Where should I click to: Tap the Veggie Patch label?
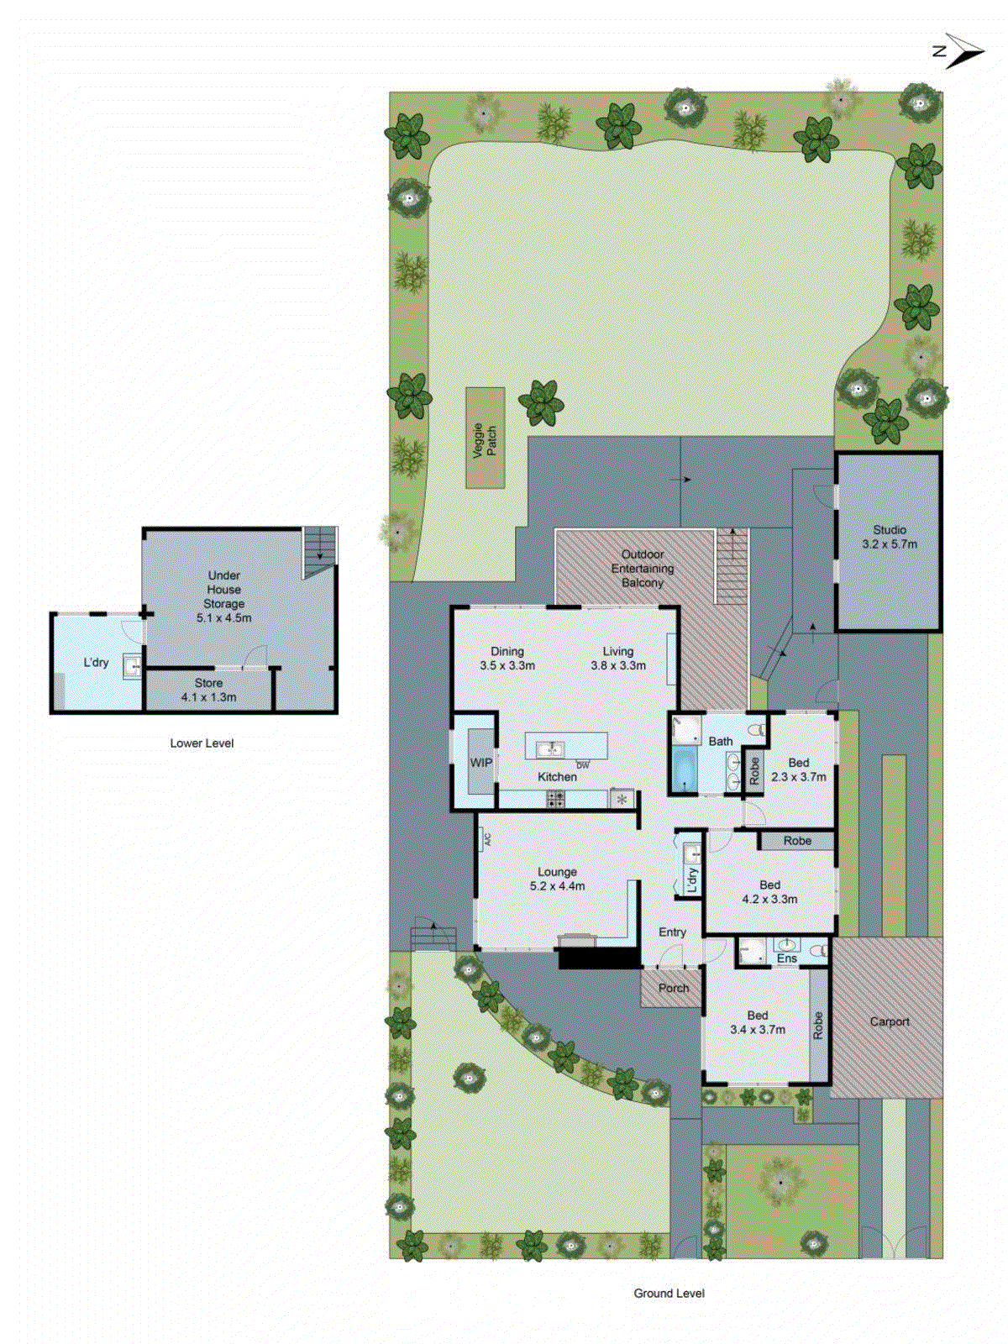pyautogui.click(x=485, y=439)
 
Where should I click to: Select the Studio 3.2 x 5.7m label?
pyautogui.click(x=890, y=537)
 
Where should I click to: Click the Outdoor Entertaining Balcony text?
pyautogui.click(x=643, y=569)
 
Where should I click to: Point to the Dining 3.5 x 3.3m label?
pyautogui.click(x=507, y=658)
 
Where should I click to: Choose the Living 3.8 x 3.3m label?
pyautogui.click(x=618, y=658)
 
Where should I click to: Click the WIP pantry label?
pyautogui.click(x=481, y=763)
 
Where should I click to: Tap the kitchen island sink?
pyautogui.click(x=550, y=747)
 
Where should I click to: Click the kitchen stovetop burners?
pyautogui.click(x=555, y=799)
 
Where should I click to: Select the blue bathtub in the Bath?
pyautogui.click(x=685, y=770)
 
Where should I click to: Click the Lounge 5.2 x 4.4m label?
pyautogui.click(x=557, y=879)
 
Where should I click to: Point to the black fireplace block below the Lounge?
pyautogui.click(x=599, y=958)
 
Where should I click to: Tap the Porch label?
pyautogui.click(x=674, y=988)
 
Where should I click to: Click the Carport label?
pyautogui.click(x=890, y=1021)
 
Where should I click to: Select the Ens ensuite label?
pyautogui.click(x=787, y=958)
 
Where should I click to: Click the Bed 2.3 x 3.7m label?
pyautogui.click(x=798, y=769)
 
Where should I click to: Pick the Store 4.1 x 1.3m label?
pyautogui.click(x=208, y=690)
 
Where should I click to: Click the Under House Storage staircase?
pyautogui.click(x=319, y=550)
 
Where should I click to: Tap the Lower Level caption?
pyautogui.click(x=202, y=743)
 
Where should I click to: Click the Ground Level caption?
pyautogui.click(x=669, y=1293)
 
